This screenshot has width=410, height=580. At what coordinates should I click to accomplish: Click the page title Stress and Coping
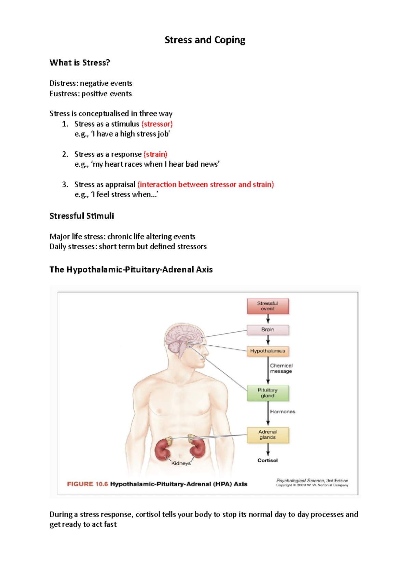click(205, 40)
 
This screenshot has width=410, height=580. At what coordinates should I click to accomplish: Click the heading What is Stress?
click(80, 63)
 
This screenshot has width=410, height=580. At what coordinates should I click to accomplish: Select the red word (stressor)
click(157, 124)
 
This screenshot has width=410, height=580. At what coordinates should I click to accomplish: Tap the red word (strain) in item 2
click(155, 154)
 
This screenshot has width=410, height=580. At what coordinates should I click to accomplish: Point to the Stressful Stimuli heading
click(82, 216)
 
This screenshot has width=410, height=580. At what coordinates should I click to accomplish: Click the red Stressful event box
click(268, 306)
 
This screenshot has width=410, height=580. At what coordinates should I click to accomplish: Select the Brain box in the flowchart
click(268, 330)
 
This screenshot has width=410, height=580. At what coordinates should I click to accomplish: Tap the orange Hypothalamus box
click(268, 351)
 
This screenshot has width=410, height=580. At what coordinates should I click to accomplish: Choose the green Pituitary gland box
click(268, 393)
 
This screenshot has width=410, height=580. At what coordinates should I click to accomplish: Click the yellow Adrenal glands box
click(268, 435)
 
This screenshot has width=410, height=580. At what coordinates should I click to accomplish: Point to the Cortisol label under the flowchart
click(268, 460)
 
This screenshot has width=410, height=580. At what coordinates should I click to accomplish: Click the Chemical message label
click(281, 368)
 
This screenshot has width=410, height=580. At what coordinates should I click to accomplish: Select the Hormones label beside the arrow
click(283, 412)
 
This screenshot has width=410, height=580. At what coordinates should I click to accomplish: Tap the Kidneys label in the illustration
click(181, 463)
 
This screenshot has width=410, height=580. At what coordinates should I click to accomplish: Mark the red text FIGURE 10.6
click(87, 484)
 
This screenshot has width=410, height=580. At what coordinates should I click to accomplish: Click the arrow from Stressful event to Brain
click(268, 319)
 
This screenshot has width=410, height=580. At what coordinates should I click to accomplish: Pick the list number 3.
click(65, 184)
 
